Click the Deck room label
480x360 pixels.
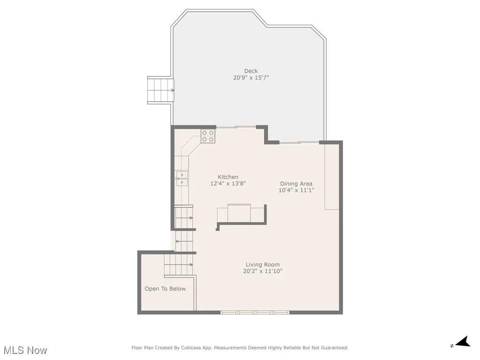(251, 71)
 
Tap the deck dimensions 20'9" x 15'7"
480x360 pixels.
(251, 78)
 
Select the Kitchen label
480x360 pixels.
(228, 177)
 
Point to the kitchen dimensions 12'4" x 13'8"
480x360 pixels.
(228, 184)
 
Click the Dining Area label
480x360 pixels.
(296, 184)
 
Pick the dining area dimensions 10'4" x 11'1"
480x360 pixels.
(296, 190)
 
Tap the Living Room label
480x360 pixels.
(262, 265)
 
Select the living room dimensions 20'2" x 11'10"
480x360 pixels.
(262, 271)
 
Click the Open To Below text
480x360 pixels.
(165, 289)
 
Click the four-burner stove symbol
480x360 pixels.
(208, 136)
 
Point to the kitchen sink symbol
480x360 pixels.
(182, 179)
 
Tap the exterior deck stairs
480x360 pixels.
(160, 90)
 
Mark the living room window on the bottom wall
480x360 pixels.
(255, 312)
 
